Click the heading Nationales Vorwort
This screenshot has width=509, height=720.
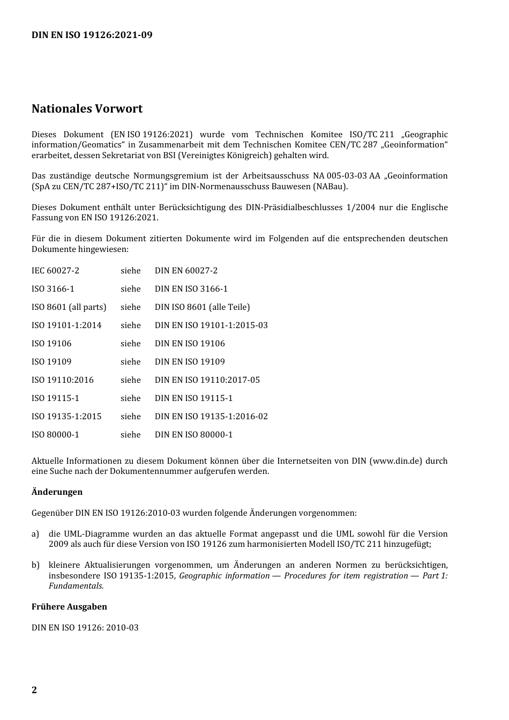87,109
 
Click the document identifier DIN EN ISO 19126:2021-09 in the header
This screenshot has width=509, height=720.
92,35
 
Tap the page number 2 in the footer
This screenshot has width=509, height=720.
34,690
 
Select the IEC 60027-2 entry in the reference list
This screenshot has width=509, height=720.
55,271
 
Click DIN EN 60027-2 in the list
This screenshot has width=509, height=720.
186,271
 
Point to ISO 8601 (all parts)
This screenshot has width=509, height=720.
69,307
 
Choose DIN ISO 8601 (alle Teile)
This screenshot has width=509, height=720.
202,307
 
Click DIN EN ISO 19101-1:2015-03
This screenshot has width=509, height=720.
211,325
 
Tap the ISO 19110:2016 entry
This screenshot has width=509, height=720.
62,380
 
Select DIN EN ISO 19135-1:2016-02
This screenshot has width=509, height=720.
211,417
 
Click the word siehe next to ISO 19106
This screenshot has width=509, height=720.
130,344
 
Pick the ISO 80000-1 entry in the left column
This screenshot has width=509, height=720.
55,435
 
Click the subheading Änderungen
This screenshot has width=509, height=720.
57,492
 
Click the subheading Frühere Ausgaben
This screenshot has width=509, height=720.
69,607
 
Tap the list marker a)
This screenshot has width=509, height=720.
35,534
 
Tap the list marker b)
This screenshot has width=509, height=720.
35,565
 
